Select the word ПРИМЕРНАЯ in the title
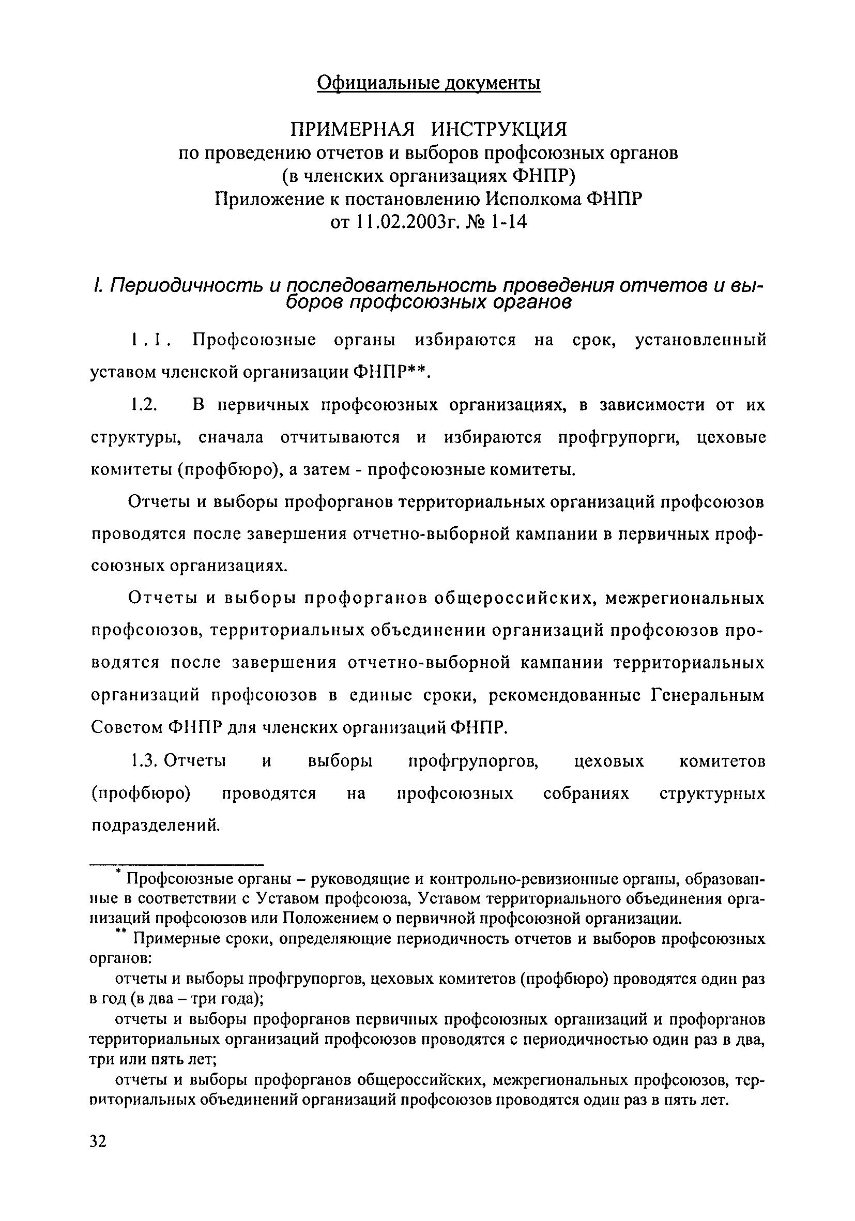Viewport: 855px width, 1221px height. click(x=352, y=129)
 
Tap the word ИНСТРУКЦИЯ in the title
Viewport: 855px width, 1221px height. click(x=498, y=129)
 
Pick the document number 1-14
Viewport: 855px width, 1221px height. click(x=509, y=222)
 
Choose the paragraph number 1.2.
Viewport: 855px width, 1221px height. click(x=144, y=405)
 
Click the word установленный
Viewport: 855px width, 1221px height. click(x=701, y=340)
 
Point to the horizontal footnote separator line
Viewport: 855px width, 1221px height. click(x=177, y=865)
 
